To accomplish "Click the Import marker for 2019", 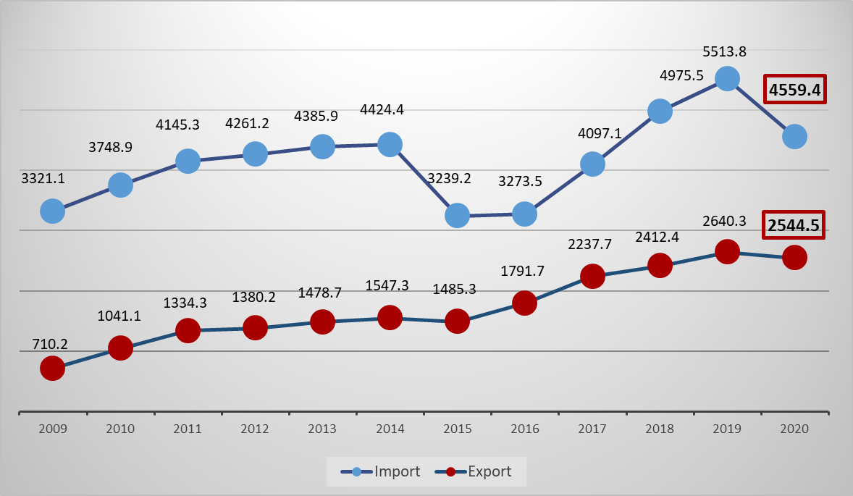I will pos(727,78).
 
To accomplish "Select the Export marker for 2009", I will pos(53,369).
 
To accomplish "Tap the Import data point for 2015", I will pos(457,215).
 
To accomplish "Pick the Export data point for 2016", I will pos(524,303).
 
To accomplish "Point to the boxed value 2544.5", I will pos(794,225).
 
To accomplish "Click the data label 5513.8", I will pos(725,51).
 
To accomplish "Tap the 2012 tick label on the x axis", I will pos(255,429).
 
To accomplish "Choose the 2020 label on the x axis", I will pos(794,429).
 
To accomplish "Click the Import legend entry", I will pos(381,472).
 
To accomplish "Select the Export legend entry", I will pos(474,472).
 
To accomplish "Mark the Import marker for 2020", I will pos(794,136).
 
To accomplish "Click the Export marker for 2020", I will pos(794,257).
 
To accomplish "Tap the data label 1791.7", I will pos(523,272).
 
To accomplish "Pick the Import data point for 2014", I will pos(390,145).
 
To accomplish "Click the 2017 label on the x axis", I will pos(592,429).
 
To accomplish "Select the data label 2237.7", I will pos(590,244).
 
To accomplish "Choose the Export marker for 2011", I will pos(188,331).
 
